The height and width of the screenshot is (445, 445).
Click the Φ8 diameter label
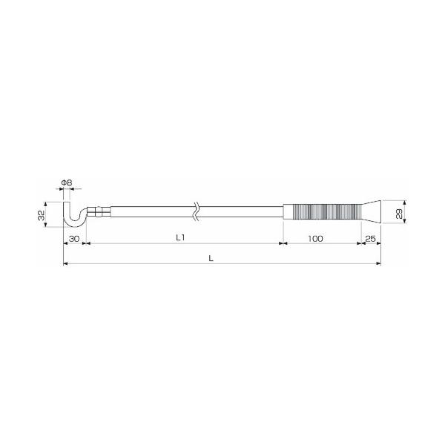coord(67,182)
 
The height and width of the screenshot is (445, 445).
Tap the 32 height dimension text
coord(42,215)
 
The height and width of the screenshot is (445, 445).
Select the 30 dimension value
coord(74,239)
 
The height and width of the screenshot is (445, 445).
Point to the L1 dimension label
coord(180,238)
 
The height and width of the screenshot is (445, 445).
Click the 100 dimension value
coord(315,239)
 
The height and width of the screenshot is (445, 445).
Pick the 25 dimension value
coord(370,239)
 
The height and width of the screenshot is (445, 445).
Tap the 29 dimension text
coord(399,214)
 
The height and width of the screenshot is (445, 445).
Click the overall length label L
coord(211,259)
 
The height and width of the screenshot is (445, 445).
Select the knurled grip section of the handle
coord(326,211)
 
